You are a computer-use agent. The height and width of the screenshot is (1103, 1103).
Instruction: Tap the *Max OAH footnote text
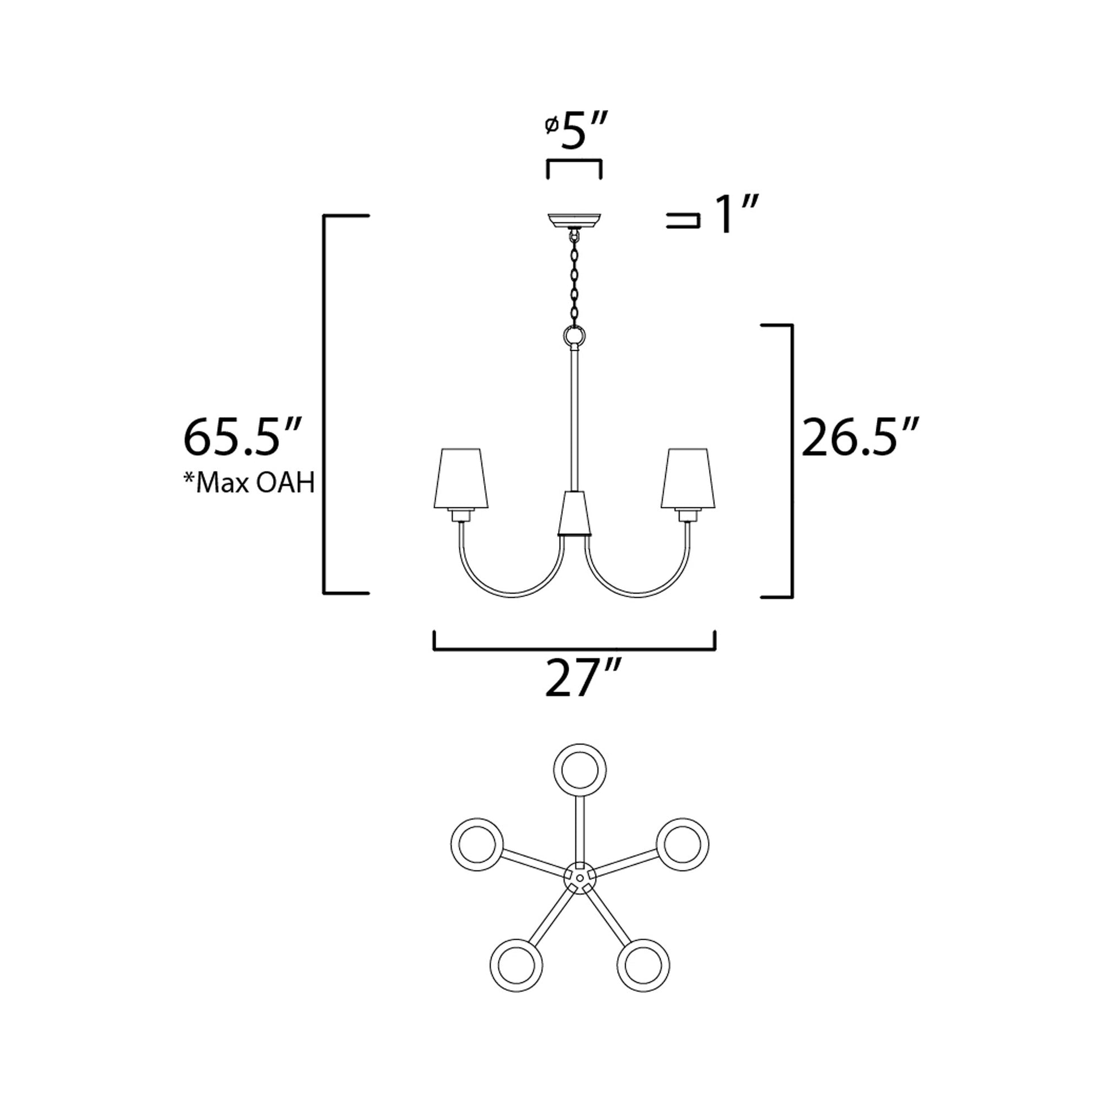click(x=249, y=483)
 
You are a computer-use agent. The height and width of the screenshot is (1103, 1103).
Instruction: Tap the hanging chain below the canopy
click(x=574, y=280)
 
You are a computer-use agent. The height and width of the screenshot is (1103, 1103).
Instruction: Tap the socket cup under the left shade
click(x=461, y=516)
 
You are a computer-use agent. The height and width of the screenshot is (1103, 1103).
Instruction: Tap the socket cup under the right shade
click(x=689, y=516)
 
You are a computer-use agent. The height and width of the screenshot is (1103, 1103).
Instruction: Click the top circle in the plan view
click(x=580, y=770)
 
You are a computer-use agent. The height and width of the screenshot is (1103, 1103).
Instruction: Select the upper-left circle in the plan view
click(x=477, y=844)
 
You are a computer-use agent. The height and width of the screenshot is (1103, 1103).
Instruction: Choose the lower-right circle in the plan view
click(x=643, y=965)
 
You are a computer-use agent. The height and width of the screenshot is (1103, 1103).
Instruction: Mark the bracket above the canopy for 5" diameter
click(x=574, y=162)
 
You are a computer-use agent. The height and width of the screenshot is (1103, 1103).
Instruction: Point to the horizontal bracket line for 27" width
click(x=574, y=649)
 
